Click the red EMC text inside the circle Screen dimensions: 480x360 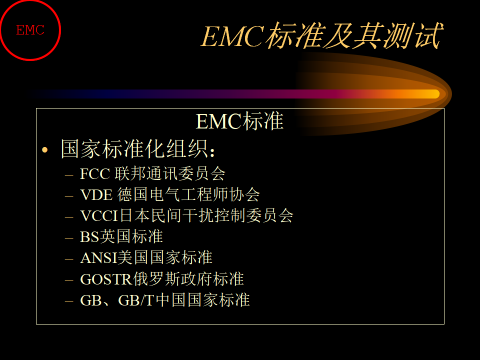(30, 30)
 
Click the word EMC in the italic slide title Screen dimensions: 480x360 (232, 36)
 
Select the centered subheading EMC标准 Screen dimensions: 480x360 (239, 121)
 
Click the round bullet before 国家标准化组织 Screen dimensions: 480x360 (45, 149)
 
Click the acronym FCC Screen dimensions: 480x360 (95, 173)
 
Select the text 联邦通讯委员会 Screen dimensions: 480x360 (170, 173)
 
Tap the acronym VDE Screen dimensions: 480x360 (96, 194)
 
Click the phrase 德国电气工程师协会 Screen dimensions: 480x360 (188, 194)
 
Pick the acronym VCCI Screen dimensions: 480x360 (99, 216)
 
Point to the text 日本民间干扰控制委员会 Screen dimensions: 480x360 (206, 215)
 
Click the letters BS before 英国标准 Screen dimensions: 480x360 (89, 237)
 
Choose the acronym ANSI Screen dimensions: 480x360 (99, 258)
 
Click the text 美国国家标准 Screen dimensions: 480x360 (165, 257)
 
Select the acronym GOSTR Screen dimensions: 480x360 (106, 279)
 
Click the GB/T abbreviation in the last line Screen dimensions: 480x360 (136, 300)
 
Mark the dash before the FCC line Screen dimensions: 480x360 (69, 175)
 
